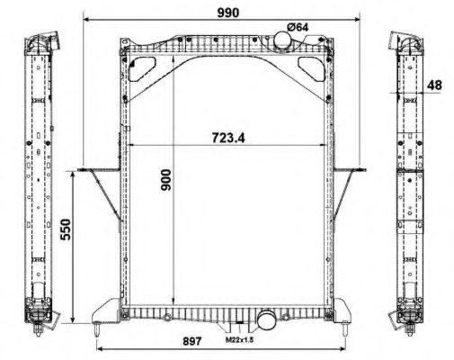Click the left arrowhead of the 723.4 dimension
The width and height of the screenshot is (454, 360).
[x=133, y=144]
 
